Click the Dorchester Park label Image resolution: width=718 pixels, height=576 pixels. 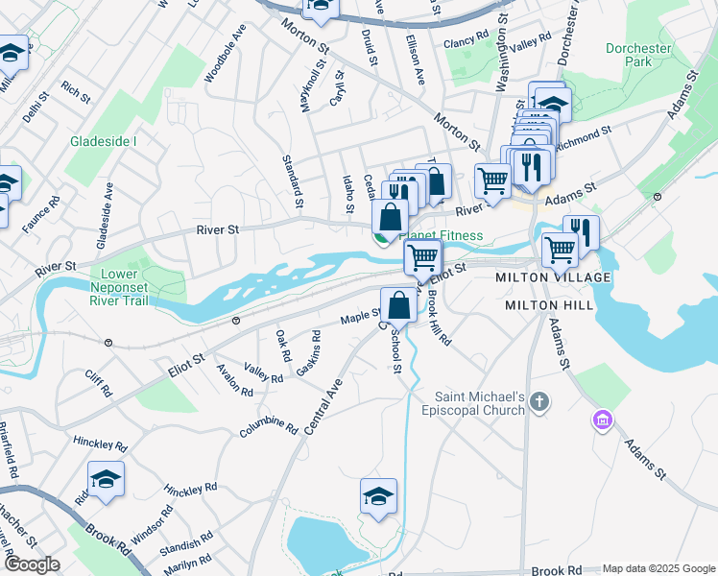637,56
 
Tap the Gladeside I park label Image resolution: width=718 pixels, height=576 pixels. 104,141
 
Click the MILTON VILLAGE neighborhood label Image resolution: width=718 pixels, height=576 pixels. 552,277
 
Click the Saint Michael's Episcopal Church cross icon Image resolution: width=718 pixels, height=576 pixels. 539,401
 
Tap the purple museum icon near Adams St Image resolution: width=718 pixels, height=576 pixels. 602,420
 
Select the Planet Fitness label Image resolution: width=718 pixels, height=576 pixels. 442,235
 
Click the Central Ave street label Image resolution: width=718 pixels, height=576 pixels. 323,407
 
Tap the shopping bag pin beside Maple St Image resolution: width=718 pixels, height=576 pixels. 398,305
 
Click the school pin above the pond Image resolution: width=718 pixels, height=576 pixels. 379,496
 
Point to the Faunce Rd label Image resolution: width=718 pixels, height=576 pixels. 41,213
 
